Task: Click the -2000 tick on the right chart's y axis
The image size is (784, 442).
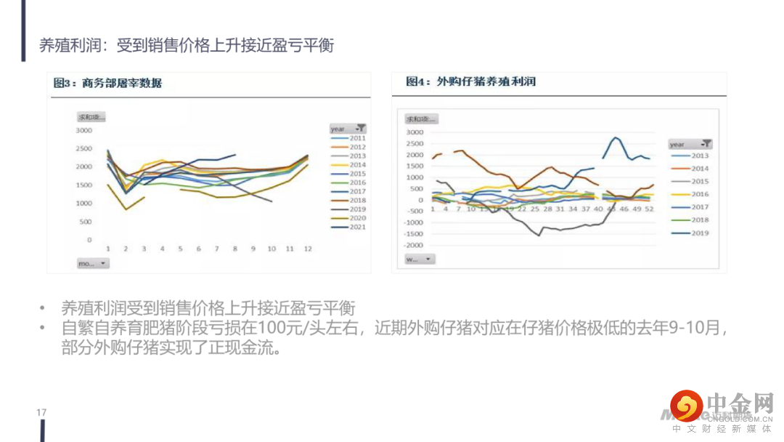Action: coord(414,246)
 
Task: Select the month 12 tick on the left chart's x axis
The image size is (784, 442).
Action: coord(308,249)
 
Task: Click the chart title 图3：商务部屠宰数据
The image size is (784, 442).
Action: coord(107,83)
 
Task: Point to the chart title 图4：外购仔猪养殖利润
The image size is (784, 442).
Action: coord(471,81)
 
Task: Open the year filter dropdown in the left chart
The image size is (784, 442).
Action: coord(361,129)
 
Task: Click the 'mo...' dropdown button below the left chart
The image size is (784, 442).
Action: coord(93,263)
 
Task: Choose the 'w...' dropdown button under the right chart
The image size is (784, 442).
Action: coord(420,259)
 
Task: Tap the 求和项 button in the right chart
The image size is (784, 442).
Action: coord(421,118)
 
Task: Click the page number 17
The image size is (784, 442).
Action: coord(41,413)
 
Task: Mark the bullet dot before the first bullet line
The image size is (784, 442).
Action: coord(43,308)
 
